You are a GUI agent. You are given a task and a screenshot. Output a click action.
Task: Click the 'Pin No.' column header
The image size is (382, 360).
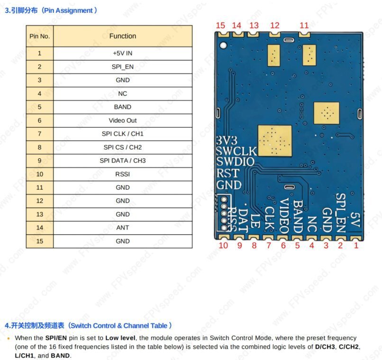tap(39, 36)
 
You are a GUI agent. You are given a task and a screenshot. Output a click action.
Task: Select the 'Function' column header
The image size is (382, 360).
tap(122, 36)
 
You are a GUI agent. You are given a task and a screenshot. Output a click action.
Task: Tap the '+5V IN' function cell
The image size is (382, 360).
tap(122, 53)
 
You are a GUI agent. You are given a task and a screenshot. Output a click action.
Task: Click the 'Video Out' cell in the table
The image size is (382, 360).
tap(122, 120)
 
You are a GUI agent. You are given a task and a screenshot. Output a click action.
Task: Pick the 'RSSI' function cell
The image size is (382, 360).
tap(122, 174)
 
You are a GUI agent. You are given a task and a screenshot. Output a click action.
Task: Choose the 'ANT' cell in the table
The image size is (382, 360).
tap(122, 228)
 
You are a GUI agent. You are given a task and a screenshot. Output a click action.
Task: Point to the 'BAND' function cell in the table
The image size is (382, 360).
tap(122, 107)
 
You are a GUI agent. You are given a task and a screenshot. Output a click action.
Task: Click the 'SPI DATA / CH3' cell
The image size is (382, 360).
tap(122, 160)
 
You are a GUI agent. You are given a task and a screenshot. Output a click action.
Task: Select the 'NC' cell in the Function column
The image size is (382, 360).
tap(122, 93)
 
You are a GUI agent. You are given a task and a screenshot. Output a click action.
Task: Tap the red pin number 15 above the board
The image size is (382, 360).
tap(220, 26)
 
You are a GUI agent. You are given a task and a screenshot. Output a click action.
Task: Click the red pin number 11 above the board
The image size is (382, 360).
tap(304, 26)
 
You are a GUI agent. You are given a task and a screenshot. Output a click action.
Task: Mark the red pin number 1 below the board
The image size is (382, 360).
tap(356, 245)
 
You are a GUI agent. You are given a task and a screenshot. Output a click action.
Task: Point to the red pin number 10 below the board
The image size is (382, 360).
tap(223, 245)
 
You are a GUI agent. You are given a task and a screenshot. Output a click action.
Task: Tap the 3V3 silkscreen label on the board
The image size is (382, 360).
tap(226, 141)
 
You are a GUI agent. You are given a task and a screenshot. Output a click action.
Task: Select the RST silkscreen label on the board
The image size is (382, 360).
tap(227, 174)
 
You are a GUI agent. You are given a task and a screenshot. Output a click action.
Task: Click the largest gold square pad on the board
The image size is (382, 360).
tap(274, 141)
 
